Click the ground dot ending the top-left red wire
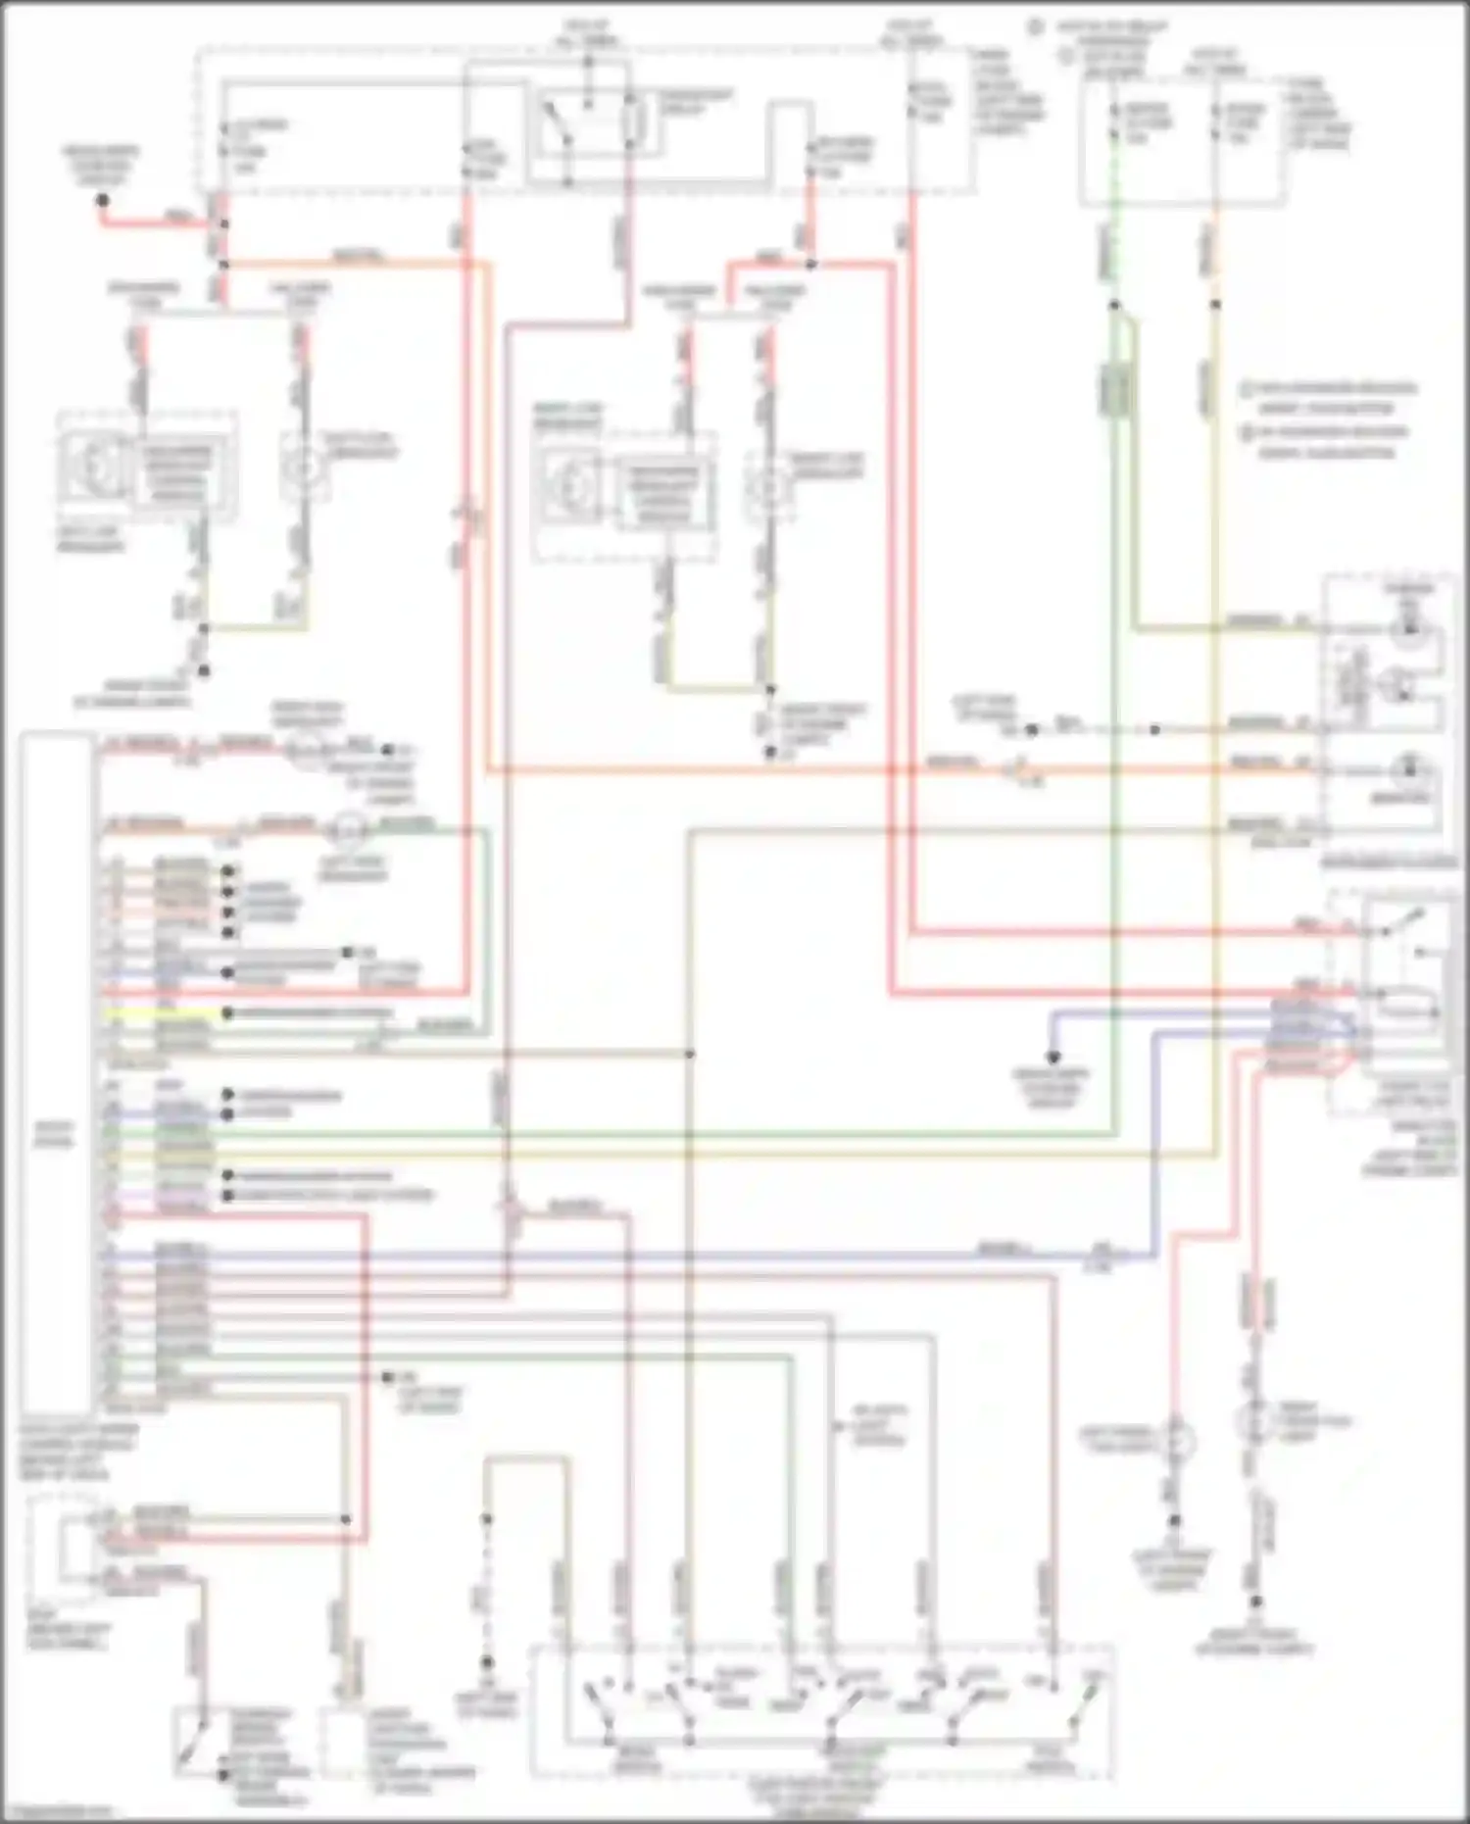[x=102, y=200]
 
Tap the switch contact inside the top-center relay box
[x=556, y=125]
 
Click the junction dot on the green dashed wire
[x=1114, y=305]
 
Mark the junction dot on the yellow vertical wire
[x=1215, y=305]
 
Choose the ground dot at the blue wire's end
[x=1053, y=1058]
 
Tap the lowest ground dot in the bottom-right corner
[x=1256, y=1602]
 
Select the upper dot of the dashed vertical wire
[x=486, y=1519]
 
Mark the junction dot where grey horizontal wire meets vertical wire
[x=690, y=1054]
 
